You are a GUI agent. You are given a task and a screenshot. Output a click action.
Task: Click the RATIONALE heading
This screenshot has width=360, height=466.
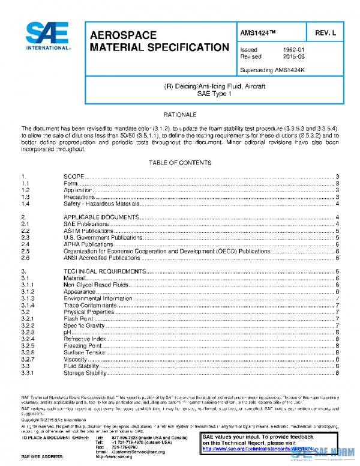[x=179, y=114]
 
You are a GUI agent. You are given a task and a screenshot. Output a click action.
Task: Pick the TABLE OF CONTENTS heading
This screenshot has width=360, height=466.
[x=179, y=163]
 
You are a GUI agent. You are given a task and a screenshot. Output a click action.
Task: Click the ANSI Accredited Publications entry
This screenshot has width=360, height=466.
[x=104, y=258]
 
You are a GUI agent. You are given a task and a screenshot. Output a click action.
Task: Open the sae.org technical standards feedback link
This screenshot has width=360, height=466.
[x=258, y=448]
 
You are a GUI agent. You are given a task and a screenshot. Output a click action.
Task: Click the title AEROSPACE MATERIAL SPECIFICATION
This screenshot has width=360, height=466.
[x=159, y=41]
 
